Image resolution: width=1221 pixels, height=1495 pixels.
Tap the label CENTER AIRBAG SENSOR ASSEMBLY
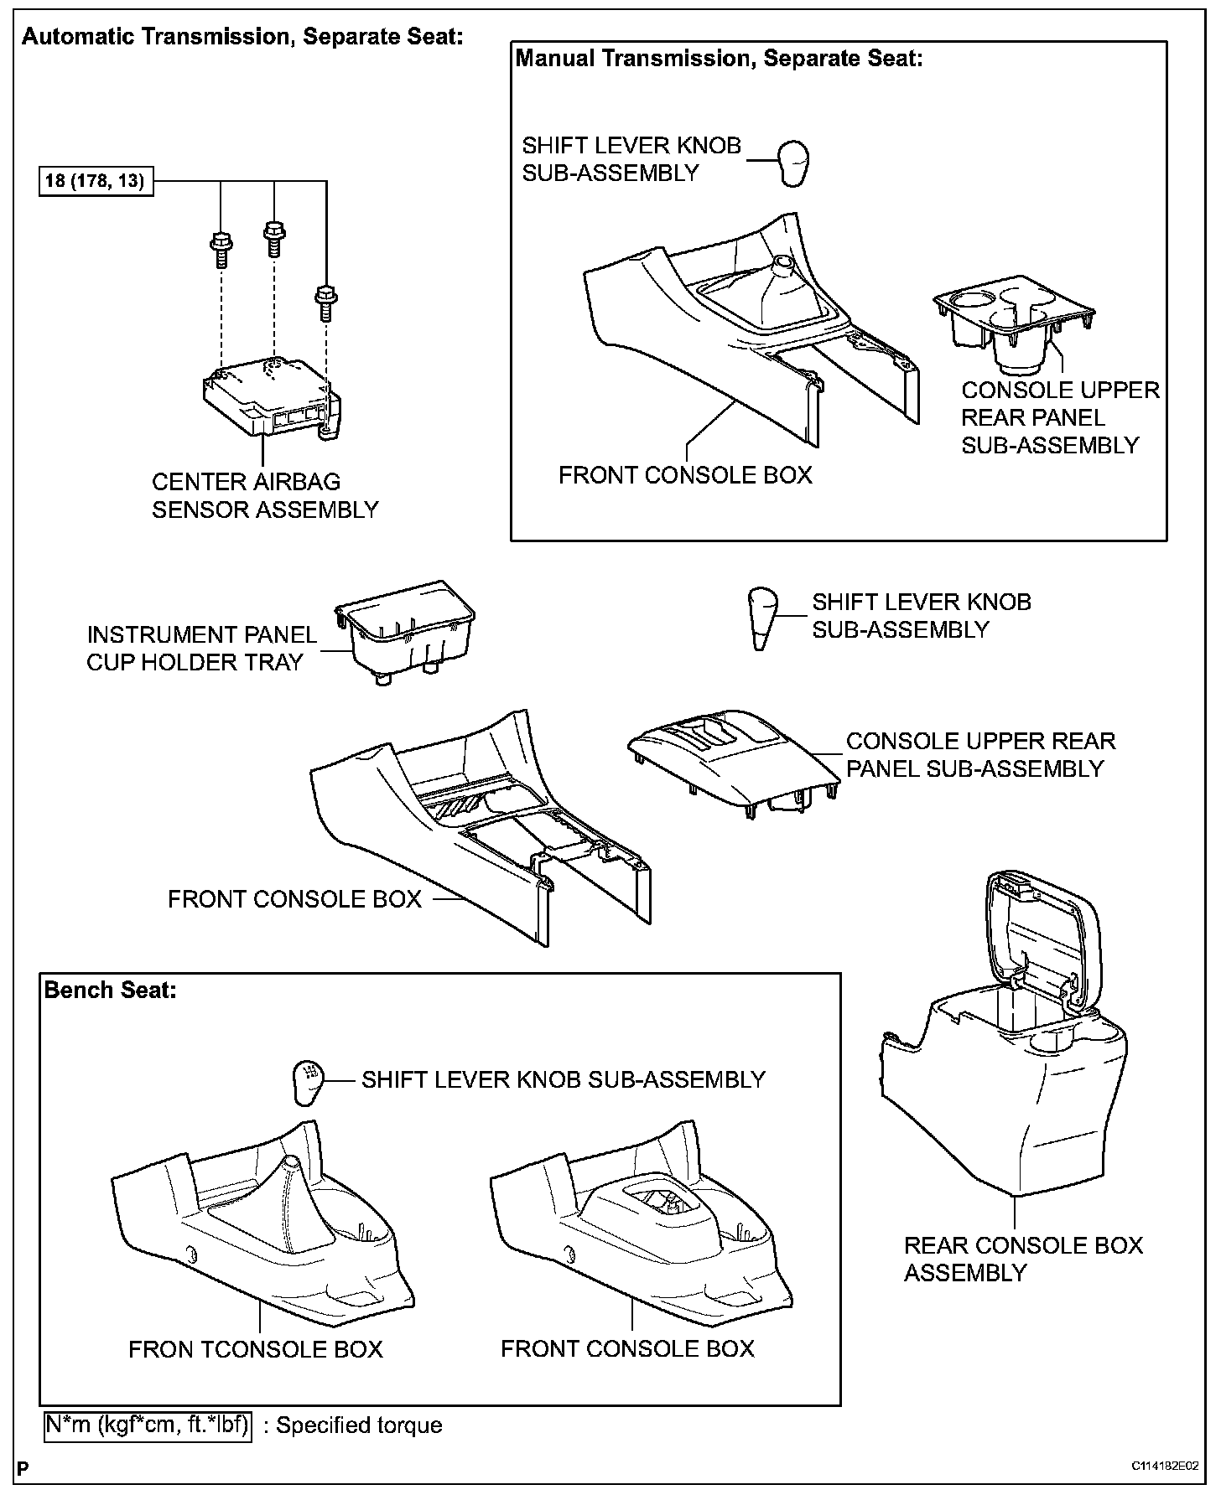pyautogui.click(x=264, y=495)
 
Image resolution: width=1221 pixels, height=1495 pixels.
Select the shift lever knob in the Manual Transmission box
pyautogui.click(x=792, y=163)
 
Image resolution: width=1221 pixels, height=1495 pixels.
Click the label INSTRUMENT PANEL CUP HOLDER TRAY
pyautogui.click(x=201, y=649)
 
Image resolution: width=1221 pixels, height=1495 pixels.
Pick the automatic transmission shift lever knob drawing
pyautogui.click(x=761, y=618)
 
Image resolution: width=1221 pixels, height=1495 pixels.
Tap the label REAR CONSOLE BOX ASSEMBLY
pyautogui.click(x=1023, y=1259)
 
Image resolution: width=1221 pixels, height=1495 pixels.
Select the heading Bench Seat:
pyautogui.click(x=111, y=990)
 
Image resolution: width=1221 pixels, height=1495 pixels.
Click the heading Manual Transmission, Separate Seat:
pyautogui.click(x=719, y=58)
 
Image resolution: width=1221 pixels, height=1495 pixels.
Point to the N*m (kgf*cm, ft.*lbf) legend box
pyautogui.click(x=148, y=1425)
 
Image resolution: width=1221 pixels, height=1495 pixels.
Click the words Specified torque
pyautogui.click(x=359, y=1425)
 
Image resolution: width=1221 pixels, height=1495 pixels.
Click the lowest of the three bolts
pyautogui.click(x=325, y=303)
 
